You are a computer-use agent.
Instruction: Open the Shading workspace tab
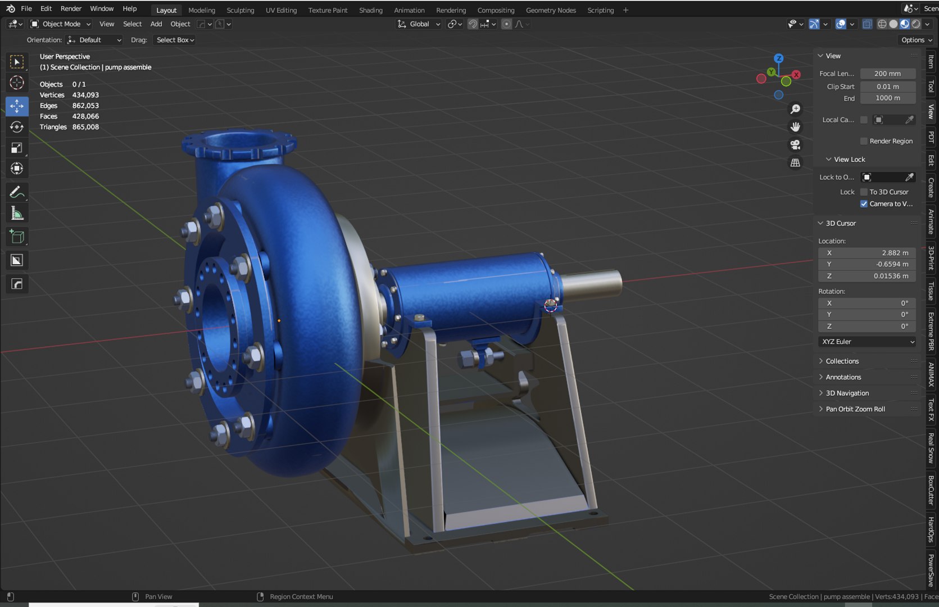coord(370,10)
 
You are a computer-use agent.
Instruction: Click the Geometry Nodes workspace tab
coord(550,10)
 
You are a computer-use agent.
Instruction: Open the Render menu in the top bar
coord(71,8)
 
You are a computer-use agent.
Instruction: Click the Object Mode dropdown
coord(61,24)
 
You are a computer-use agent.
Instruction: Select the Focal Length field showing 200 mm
coord(887,74)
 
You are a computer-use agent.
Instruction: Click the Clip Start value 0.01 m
coord(887,87)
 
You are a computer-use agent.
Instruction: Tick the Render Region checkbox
coord(864,141)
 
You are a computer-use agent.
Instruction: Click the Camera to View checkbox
coord(864,204)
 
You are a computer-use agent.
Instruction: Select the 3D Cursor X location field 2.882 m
coord(867,253)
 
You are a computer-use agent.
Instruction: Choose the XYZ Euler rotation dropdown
coord(867,342)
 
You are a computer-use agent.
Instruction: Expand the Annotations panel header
coord(843,377)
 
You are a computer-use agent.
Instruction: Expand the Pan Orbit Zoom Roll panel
coord(855,409)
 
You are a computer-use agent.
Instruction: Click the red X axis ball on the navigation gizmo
coord(796,75)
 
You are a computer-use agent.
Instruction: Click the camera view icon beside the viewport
coord(795,145)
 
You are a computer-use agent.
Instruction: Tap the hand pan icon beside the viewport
coord(795,127)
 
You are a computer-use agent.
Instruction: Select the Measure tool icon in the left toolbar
coord(17,214)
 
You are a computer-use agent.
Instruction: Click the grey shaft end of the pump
coord(596,282)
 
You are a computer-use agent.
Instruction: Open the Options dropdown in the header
coord(916,40)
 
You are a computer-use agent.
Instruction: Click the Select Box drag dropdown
coord(175,40)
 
